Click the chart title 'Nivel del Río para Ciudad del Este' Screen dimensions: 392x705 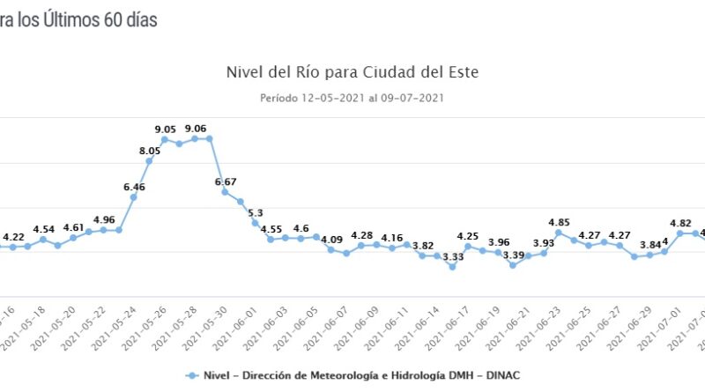[352, 70]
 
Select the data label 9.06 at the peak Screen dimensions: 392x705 [196, 129]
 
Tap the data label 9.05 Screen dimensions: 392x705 [165, 129]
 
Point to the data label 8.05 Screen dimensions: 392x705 [150, 151]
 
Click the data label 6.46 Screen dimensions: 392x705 [134, 187]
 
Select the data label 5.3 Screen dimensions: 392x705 [256, 212]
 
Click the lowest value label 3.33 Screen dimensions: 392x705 [453, 256]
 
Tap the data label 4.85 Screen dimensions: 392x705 [559, 222]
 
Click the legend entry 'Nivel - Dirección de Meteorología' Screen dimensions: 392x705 [352, 375]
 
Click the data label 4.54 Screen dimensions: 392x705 [43, 229]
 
